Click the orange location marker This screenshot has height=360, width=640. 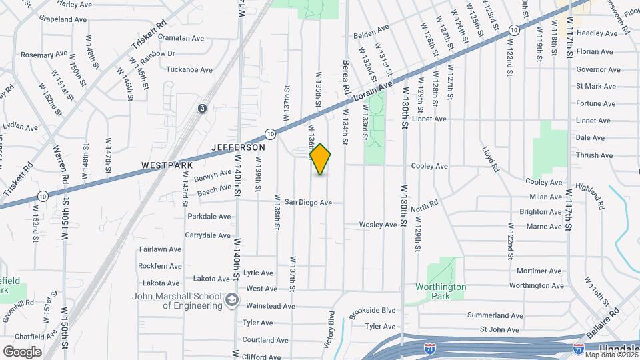tap(321, 159)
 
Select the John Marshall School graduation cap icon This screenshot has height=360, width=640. tap(231, 300)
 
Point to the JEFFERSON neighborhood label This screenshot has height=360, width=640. tap(239, 147)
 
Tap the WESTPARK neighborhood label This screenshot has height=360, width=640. tap(167, 165)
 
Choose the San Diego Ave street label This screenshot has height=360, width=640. tap(308, 202)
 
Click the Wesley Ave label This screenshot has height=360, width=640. tap(378, 225)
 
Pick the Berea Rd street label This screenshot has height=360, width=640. tap(346, 76)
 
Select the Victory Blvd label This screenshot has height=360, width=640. tap(329, 329)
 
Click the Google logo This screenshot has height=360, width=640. tap(22, 351)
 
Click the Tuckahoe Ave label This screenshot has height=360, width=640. tap(189, 69)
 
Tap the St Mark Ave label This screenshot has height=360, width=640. tap(596, 86)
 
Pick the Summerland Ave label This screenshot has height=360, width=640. tap(495, 315)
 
